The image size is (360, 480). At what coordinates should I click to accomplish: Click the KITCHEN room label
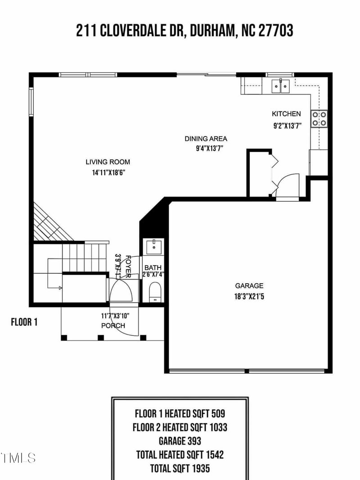point(286,114)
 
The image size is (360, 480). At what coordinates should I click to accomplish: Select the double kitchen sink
point(281,85)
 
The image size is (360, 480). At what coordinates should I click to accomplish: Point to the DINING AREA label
point(206,139)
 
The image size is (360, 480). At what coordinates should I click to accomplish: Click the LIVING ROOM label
point(108,162)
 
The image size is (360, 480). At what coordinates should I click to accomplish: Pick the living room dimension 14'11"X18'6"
point(108,172)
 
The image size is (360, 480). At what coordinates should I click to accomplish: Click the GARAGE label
point(249,285)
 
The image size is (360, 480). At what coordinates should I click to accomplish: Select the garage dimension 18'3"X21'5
point(249,296)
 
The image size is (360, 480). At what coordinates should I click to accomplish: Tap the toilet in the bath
point(154,291)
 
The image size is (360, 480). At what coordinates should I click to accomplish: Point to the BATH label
point(153,267)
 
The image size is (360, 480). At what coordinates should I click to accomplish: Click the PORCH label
point(113,326)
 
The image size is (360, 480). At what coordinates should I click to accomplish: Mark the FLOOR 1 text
point(24,322)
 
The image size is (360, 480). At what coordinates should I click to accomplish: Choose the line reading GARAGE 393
point(180,441)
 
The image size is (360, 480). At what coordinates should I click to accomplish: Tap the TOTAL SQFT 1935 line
point(180,468)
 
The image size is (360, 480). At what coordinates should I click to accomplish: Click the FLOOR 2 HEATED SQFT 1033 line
point(180,427)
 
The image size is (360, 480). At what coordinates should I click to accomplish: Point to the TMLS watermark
point(18,458)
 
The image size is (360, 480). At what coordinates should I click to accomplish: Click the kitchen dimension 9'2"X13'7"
point(287,127)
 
